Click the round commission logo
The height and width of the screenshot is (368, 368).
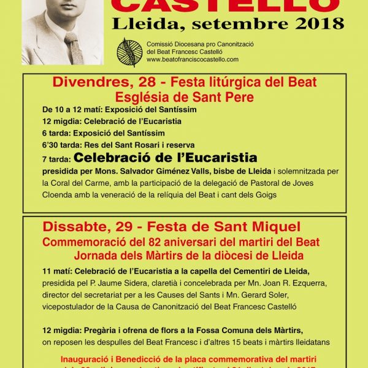129,51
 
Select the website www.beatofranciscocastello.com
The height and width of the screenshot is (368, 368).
192,59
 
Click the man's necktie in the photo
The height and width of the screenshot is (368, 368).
74,49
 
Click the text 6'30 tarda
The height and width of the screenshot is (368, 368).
64,145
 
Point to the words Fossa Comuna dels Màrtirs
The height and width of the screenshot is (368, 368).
252,331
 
